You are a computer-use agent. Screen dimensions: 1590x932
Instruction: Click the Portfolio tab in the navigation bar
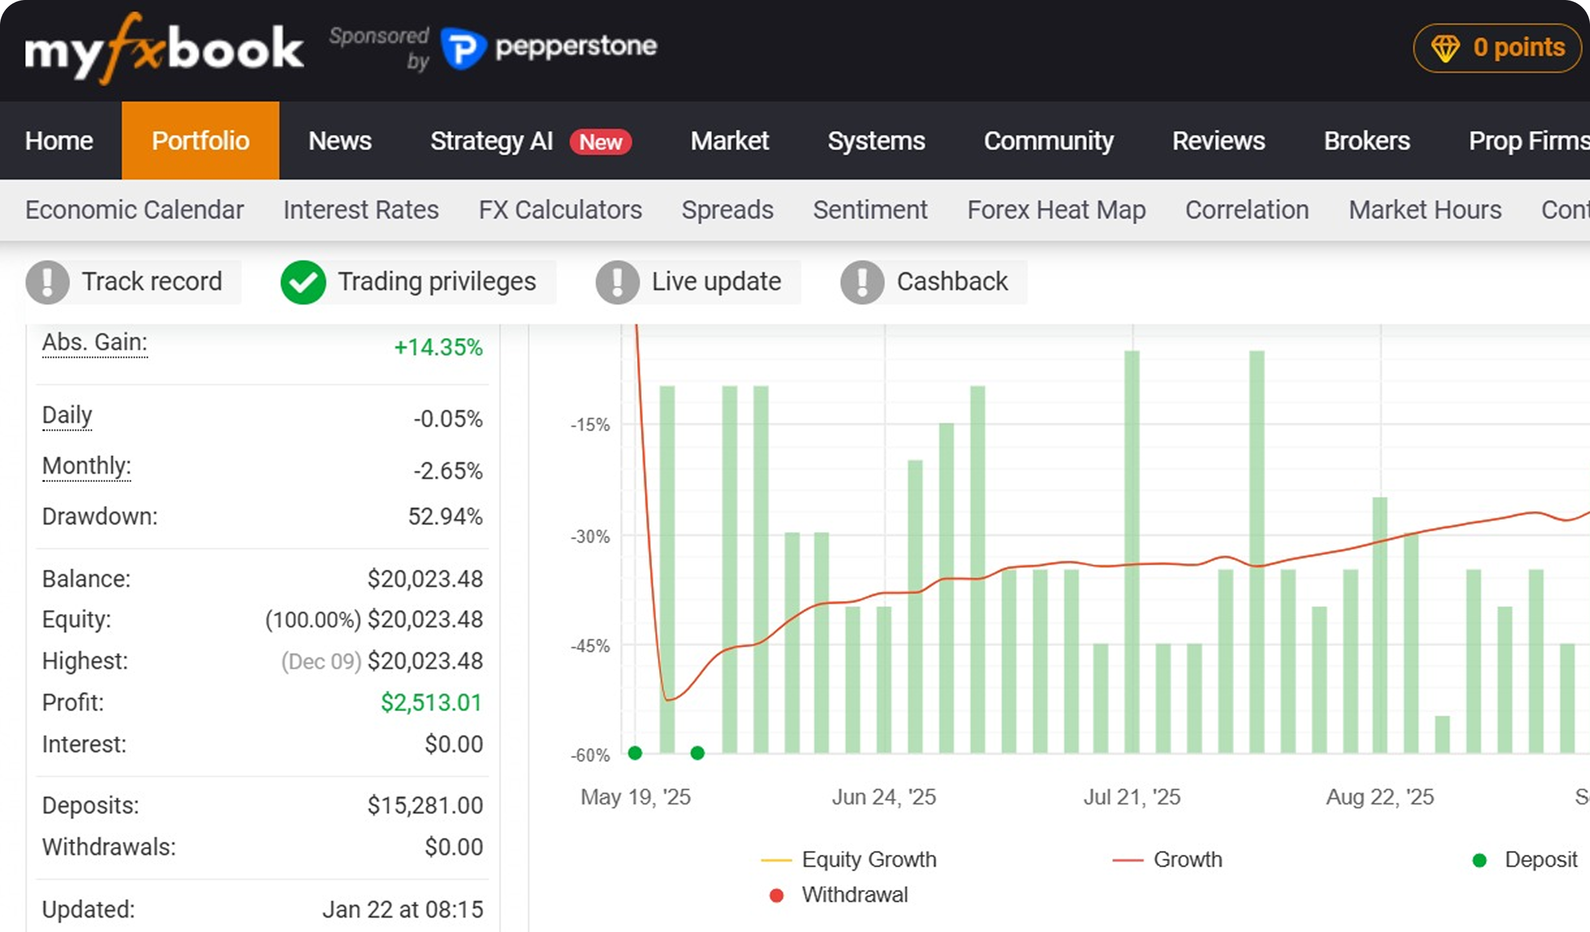point(200,140)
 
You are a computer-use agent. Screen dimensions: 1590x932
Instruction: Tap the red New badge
point(601,142)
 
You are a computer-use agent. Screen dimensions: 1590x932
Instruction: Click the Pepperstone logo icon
point(463,49)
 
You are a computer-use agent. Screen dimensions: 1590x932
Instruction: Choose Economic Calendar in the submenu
point(134,210)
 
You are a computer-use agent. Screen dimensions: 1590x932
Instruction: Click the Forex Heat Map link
point(1056,210)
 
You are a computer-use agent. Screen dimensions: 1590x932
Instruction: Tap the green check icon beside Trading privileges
point(303,282)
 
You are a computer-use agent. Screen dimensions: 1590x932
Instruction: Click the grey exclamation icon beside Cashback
point(862,282)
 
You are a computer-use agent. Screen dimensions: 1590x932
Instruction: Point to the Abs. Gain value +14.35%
point(439,347)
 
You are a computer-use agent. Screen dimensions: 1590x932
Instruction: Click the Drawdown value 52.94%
point(445,517)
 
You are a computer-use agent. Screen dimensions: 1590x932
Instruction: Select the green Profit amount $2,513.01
point(432,703)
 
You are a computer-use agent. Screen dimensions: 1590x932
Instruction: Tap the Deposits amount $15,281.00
point(425,806)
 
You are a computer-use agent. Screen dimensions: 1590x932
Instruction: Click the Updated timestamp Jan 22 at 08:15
point(403,910)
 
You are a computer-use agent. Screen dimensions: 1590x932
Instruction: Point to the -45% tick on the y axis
point(591,646)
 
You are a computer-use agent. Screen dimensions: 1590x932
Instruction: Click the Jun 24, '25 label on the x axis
point(884,797)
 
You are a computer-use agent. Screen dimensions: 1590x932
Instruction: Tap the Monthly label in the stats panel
point(86,467)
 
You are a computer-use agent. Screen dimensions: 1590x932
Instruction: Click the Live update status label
point(716,282)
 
